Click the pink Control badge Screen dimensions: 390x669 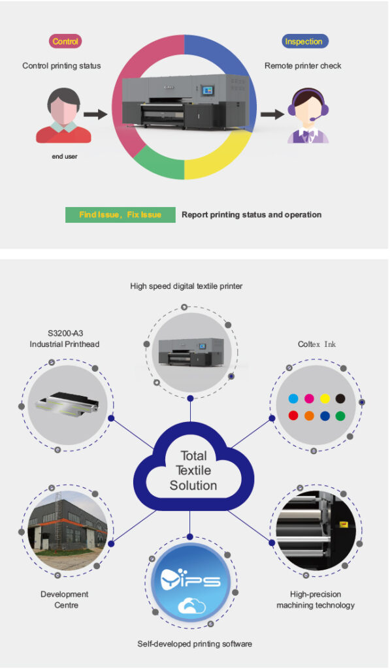(x=65, y=41)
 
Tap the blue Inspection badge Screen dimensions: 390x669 (x=304, y=41)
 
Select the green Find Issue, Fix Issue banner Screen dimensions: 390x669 (x=120, y=214)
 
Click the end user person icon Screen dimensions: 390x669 (x=63, y=115)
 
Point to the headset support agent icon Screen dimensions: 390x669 (x=308, y=115)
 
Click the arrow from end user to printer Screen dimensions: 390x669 (x=95, y=114)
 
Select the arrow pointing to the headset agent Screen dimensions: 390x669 (x=272, y=114)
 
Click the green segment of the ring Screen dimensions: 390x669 (x=159, y=164)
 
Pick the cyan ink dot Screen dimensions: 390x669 (x=293, y=399)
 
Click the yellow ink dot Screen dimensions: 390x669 (x=325, y=399)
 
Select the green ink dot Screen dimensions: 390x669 (x=340, y=416)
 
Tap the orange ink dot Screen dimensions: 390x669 (x=309, y=416)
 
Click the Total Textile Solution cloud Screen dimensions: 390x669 (x=193, y=469)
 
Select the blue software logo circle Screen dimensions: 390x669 (x=190, y=582)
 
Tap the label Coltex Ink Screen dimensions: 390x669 (x=317, y=344)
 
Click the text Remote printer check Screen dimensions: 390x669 (x=303, y=66)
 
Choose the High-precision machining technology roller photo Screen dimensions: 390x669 (x=316, y=530)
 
